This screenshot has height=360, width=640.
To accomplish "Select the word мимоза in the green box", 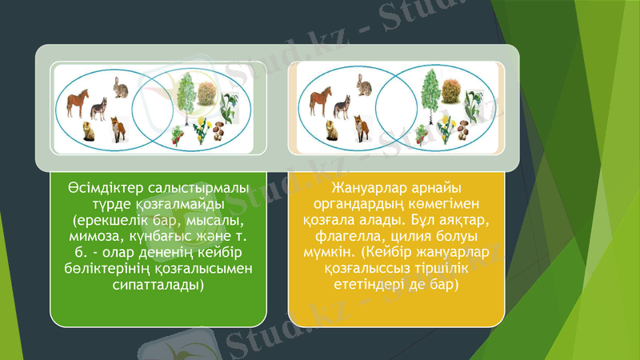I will pyautogui.click(x=98, y=237).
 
